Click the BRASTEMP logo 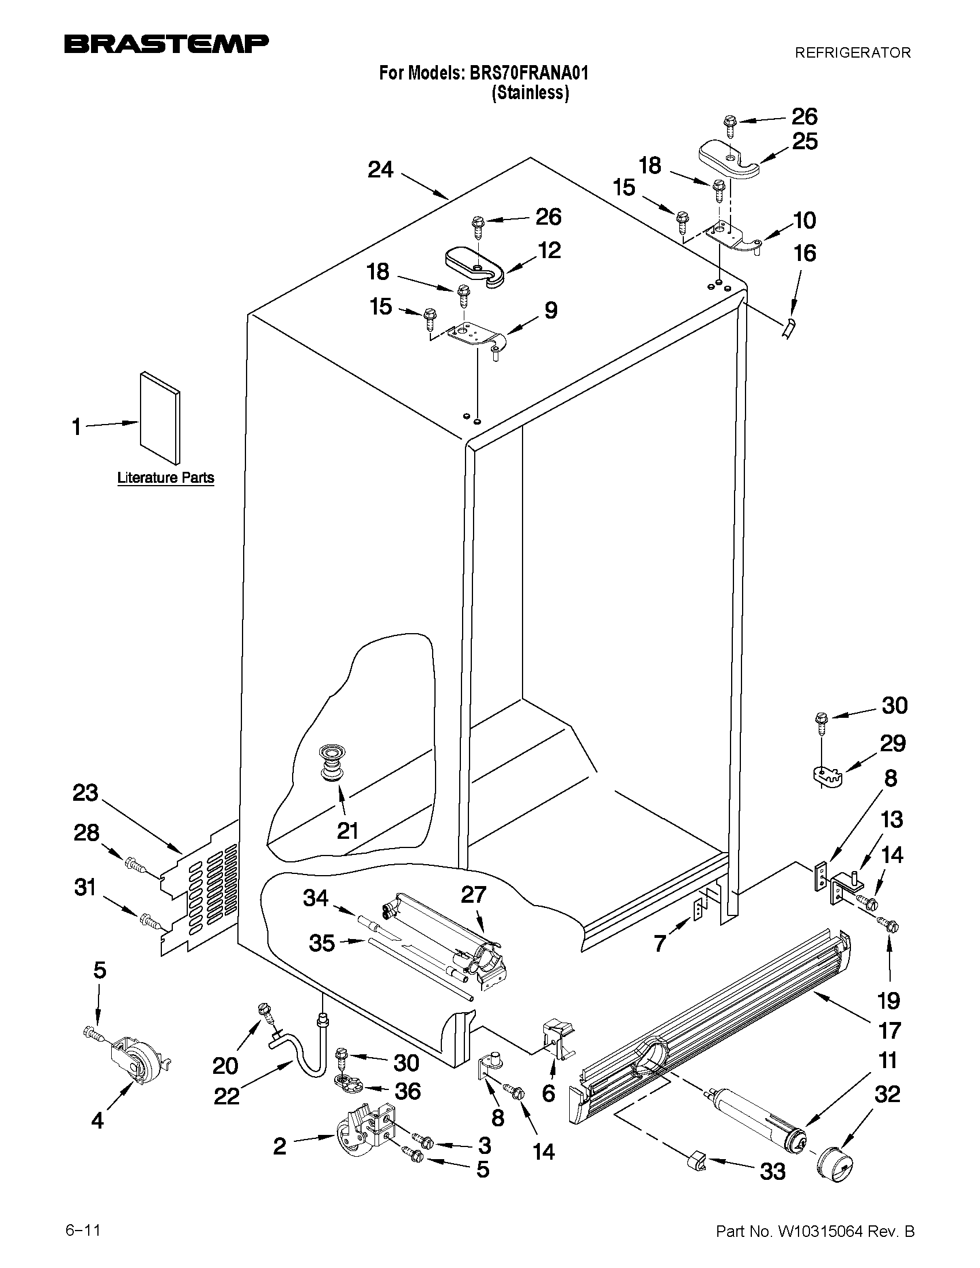click(166, 44)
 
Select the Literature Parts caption click(165, 478)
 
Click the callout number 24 click(381, 170)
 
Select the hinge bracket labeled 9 click(475, 335)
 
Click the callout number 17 click(889, 1030)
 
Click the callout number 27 click(473, 895)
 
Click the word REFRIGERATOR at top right click(852, 53)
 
